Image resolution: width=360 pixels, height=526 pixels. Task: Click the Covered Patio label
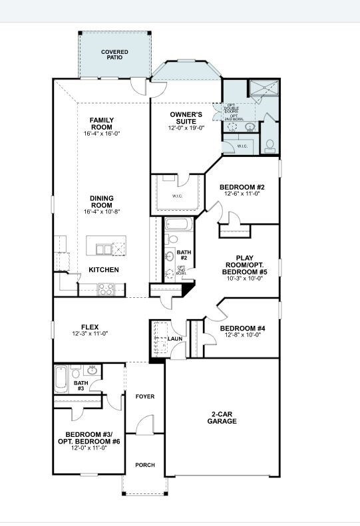click(x=114, y=54)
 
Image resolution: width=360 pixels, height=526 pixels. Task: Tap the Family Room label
click(x=102, y=124)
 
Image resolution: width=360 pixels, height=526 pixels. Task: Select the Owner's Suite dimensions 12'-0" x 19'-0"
click(x=186, y=128)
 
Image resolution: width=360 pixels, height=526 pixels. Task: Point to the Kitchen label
click(x=104, y=270)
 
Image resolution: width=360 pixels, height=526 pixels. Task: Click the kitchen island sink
click(x=103, y=249)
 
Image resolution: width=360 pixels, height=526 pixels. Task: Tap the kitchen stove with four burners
click(x=106, y=289)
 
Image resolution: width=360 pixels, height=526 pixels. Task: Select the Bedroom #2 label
click(x=242, y=187)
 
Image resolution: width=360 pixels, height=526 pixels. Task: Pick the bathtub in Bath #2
click(x=178, y=224)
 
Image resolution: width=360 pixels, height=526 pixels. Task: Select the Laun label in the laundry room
click(x=175, y=338)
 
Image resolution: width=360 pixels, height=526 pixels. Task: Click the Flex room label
click(x=90, y=327)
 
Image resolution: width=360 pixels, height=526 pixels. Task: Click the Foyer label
click(x=145, y=396)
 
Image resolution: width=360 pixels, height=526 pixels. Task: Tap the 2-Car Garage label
click(x=222, y=417)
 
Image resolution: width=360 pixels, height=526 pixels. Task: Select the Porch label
click(x=145, y=465)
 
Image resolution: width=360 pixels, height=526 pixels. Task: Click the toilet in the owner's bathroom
click(x=270, y=144)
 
